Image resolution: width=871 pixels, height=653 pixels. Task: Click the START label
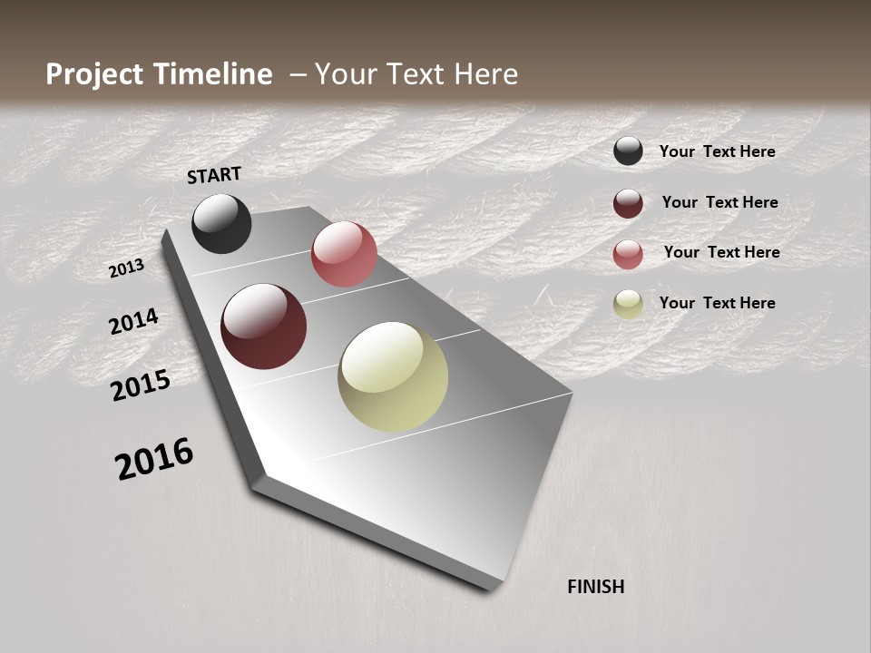click(x=214, y=175)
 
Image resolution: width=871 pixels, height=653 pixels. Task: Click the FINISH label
click(x=595, y=587)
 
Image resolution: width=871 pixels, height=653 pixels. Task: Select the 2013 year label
click(x=126, y=268)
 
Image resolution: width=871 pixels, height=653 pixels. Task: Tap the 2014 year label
click(x=133, y=321)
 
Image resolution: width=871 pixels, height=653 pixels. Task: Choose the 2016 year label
click(x=154, y=458)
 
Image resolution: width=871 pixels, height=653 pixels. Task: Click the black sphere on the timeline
click(x=221, y=223)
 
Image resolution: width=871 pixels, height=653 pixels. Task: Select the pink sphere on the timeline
click(x=344, y=254)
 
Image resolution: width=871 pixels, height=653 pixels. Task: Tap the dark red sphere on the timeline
click(x=263, y=326)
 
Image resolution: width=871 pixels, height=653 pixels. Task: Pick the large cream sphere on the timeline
click(x=393, y=376)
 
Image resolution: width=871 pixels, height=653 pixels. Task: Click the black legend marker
click(x=628, y=151)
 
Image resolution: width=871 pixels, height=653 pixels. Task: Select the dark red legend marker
click(x=628, y=203)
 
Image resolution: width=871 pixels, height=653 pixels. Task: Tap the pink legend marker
click(x=628, y=254)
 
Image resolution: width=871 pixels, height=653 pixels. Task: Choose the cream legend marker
click(x=628, y=304)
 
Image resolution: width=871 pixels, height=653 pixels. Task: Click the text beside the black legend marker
click(x=717, y=151)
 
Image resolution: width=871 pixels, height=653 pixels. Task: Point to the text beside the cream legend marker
click(x=717, y=303)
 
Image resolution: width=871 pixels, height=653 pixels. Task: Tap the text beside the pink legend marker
click(x=721, y=252)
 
